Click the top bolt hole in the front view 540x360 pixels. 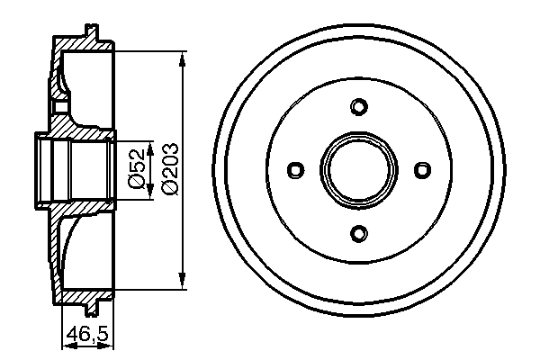coord(358,107)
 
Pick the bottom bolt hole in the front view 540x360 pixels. coord(358,234)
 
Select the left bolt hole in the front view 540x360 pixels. coord(294,170)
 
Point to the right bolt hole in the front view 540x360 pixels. coord(422,170)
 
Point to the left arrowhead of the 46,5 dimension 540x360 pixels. coord(64,344)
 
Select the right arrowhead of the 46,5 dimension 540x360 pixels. coord(111,344)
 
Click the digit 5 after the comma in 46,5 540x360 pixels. coord(102,336)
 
